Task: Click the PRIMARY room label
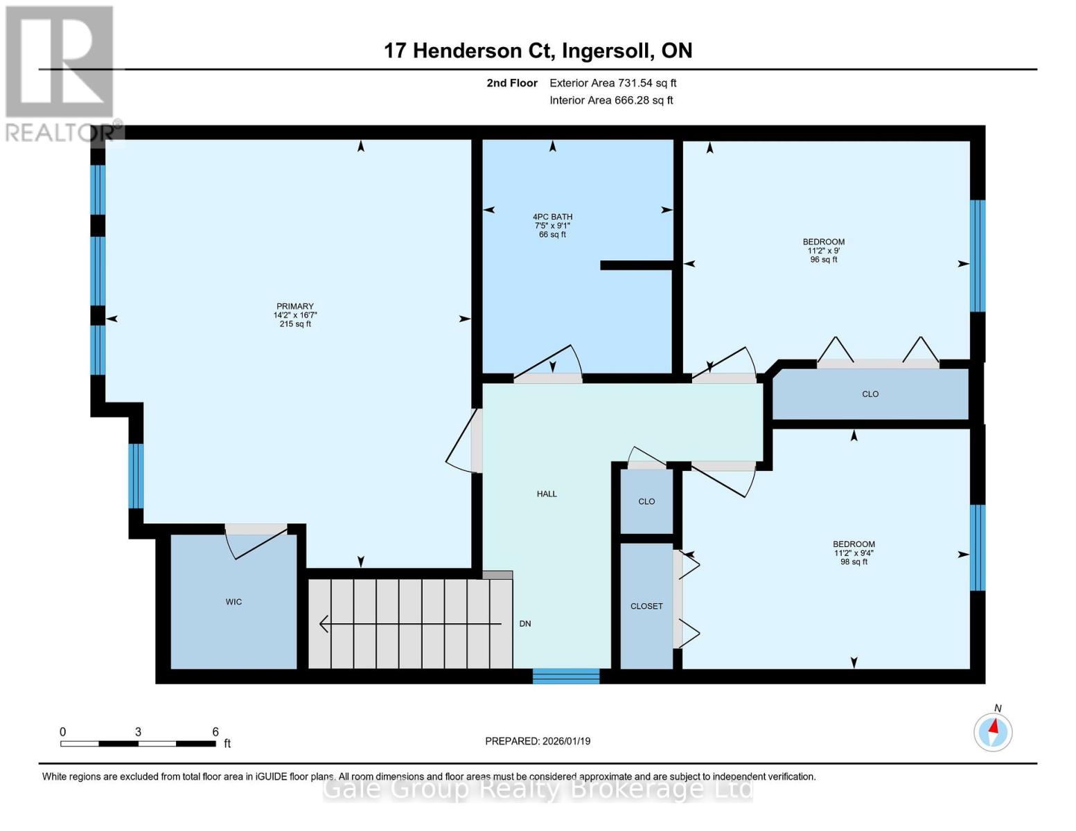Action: [x=294, y=306]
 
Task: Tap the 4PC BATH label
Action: [x=552, y=217]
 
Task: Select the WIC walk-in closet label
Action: [x=233, y=602]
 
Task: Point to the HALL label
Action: [x=547, y=494]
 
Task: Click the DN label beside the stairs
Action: [x=525, y=624]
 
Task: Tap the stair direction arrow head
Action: [x=324, y=624]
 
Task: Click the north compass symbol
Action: [x=993, y=732]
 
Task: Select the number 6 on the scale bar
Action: [x=215, y=731]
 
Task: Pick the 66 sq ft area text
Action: [x=552, y=234]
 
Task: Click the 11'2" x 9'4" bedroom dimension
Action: [x=854, y=553]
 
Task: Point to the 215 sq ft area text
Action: [x=295, y=323]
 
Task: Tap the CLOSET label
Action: [x=646, y=606]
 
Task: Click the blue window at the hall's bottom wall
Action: [x=566, y=676]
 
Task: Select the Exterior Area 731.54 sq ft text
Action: [x=612, y=83]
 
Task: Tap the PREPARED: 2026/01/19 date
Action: [x=538, y=741]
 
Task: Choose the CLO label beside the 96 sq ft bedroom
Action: [x=870, y=394]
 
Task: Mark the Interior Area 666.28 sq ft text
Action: [x=611, y=100]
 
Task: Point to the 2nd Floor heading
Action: [x=512, y=83]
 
